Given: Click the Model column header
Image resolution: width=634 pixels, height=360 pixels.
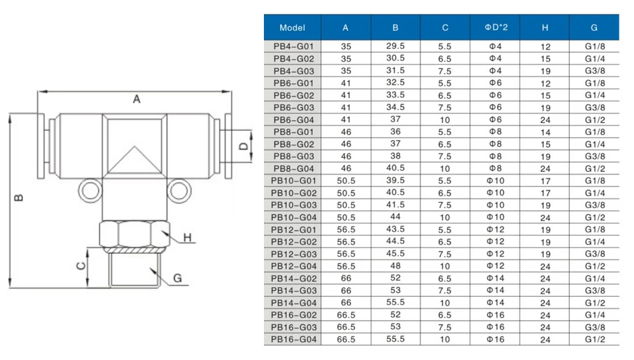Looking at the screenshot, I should [x=292, y=28].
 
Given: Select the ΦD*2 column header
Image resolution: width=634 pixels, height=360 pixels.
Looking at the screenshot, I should [x=495, y=28].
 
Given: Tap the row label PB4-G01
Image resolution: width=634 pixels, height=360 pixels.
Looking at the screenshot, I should [x=292, y=46].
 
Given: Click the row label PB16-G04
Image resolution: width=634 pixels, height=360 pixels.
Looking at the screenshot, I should [x=292, y=339].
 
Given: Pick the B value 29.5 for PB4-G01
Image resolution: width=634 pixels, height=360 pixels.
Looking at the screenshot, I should [x=395, y=46].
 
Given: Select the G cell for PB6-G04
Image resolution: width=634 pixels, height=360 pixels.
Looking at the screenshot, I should [x=594, y=120].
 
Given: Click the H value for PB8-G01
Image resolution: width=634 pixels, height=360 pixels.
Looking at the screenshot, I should [x=545, y=132].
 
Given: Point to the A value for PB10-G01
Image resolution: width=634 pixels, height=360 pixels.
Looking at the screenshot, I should [x=345, y=181].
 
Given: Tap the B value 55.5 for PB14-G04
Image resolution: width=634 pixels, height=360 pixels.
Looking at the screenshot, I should [x=395, y=302].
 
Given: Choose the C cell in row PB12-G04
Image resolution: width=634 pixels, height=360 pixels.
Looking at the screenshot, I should [x=445, y=265].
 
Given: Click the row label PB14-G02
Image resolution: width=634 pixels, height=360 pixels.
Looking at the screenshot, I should [x=292, y=278].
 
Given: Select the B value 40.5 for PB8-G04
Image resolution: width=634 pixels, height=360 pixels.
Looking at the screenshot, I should [x=395, y=168].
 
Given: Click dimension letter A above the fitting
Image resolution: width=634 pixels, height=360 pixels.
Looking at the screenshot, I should [x=136, y=99].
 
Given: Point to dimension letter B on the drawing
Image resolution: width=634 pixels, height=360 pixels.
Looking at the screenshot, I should [x=19, y=197].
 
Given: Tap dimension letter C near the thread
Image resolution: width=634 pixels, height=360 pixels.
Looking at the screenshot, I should [x=80, y=265].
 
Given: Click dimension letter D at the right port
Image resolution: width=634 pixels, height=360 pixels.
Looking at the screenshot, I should [x=244, y=145].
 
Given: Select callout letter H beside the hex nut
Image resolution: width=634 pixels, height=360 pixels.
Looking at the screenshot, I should [x=189, y=238].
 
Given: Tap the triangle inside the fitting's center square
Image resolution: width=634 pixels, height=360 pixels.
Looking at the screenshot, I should [x=132, y=160].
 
